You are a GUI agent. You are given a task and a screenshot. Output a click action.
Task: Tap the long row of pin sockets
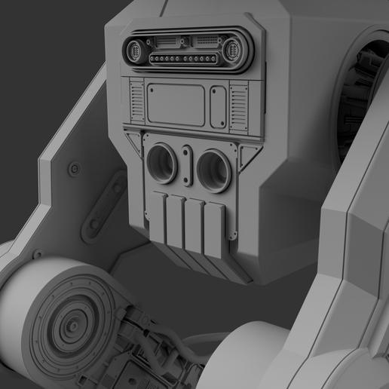click(185, 59)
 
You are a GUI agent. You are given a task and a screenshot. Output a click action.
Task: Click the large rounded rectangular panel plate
click(176, 105)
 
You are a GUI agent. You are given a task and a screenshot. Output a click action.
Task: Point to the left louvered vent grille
click(136, 103)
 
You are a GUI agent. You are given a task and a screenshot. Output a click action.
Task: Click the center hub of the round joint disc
click(73, 326)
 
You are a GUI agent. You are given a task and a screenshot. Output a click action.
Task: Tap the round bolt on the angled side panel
click(74, 168)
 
